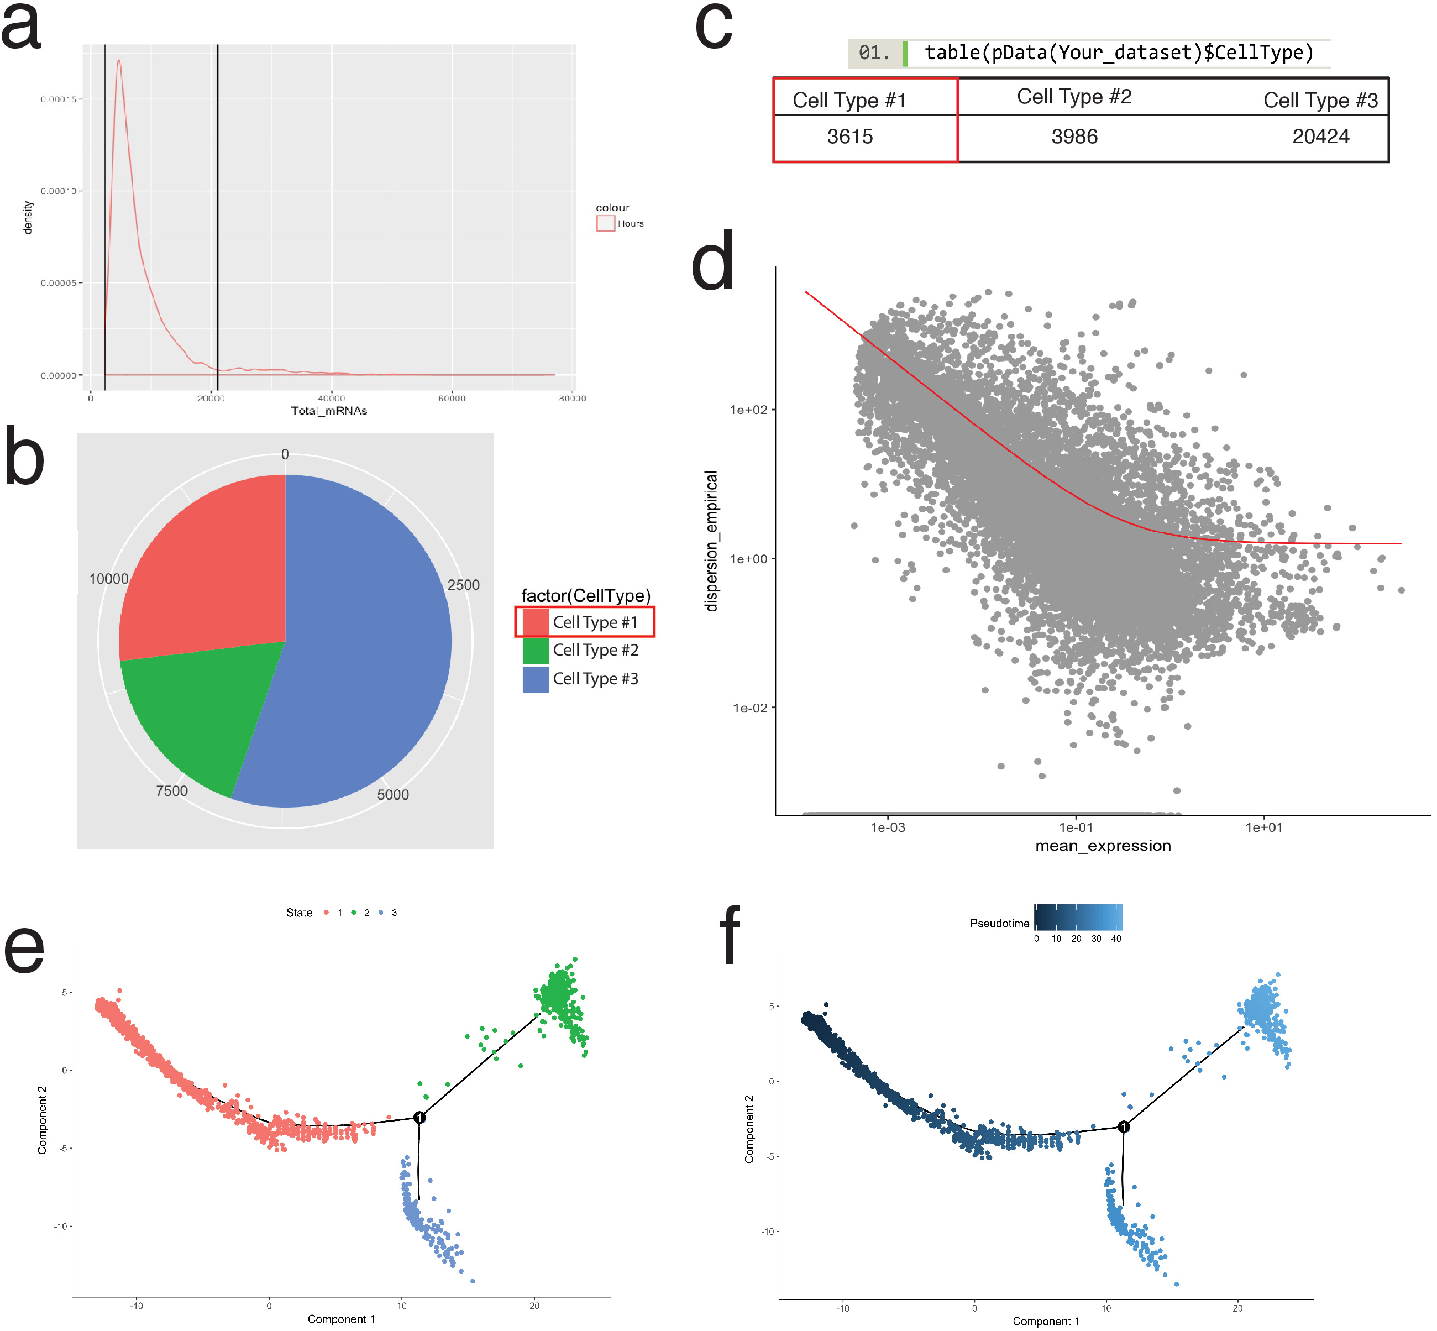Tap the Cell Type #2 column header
(x=1073, y=97)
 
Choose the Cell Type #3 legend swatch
(x=535, y=679)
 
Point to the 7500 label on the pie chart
(x=171, y=791)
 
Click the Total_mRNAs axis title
(x=329, y=411)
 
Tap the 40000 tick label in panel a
(x=331, y=399)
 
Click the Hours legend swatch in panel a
(x=605, y=223)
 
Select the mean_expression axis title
(x=1102, y=846)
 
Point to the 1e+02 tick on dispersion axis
(x=749, y=410)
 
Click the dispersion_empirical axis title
(x=712, y=540)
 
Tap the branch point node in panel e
(x=419, y=1117)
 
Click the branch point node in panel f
(x=1123, y=1126)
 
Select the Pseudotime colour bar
(x=1078, y=917)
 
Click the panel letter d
(x=713, y=263)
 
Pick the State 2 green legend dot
(x=354, y=913)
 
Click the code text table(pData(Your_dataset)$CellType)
(x=1119, y=53)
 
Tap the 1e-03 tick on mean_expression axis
(x=888, y=827)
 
